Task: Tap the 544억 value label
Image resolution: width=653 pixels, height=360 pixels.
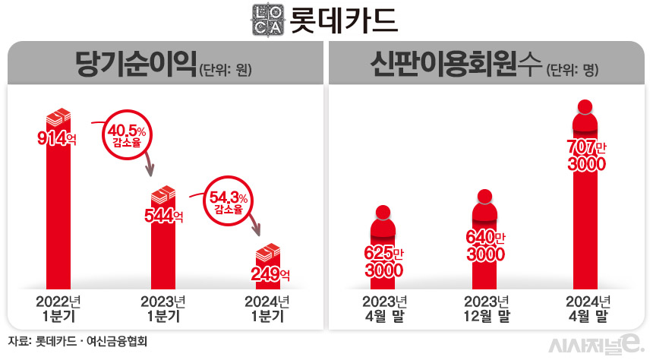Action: (x=164, y=215)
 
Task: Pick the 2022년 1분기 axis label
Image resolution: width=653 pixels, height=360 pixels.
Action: (x=58, y=308)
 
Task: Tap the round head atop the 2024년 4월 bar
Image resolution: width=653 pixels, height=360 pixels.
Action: (x=585, y=107)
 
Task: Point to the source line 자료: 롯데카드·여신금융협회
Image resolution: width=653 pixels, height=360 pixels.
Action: (x=77, y=341)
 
